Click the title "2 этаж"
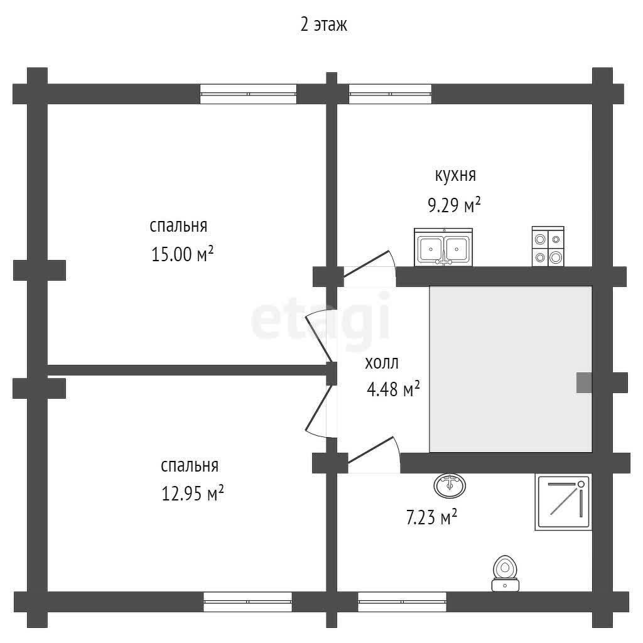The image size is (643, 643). [x=323, y=24]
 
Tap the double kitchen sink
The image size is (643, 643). [x=443, y=247]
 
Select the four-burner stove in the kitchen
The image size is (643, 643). [x=548, y=246]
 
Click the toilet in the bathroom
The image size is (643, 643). [x=505, y=574]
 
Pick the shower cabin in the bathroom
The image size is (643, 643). [x=563, y=502]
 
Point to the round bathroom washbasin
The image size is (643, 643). [x=450, y=485]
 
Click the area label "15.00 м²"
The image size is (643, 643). [x=183, y=254]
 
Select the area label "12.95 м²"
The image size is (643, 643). [x=193, y=493]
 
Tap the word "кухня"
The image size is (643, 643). [x=455, y=175]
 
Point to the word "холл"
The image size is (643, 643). [x=382, y=363]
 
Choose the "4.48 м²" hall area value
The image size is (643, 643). [x=393, y=389]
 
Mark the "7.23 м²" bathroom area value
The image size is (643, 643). [x=431, y=517]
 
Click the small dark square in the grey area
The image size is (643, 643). [x=584, y=382]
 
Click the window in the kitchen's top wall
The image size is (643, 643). [x=390, y=94]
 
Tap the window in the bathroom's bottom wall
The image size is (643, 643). [x=403, y=602]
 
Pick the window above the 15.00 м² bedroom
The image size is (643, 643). [x=248, y=94]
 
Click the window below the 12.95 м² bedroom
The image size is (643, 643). [x=247, y=602]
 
